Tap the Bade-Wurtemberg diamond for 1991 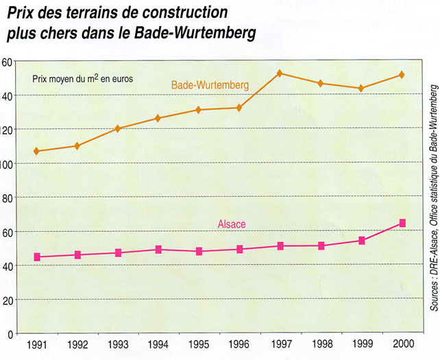coord(36,151)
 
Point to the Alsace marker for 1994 coord(158,250)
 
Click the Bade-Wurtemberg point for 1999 coord(361,88)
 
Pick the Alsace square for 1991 coord(36,257)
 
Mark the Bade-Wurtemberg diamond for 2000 coord(402,74)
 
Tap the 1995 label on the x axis coord(199,344)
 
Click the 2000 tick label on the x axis coord(402,344)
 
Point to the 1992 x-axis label coord(77,344)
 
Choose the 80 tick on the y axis coord(7,197)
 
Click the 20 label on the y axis coord(7,300)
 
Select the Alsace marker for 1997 coord(280,245)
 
